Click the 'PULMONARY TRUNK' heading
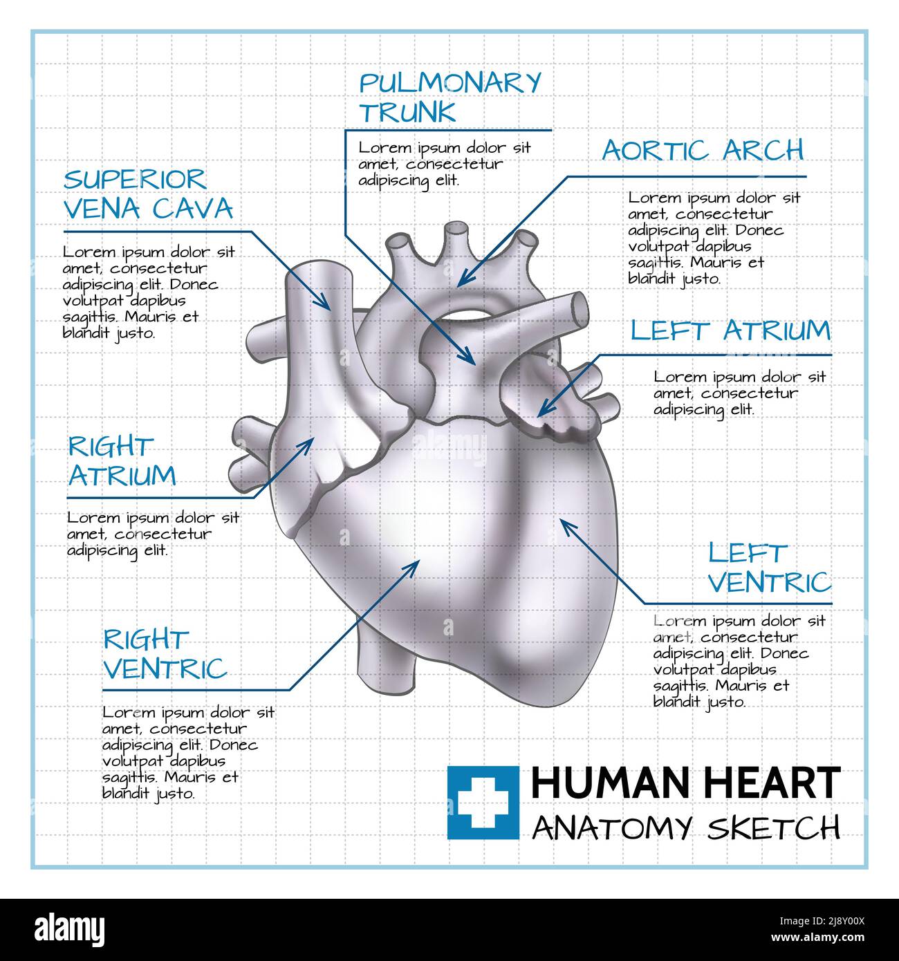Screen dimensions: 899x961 (449, 97)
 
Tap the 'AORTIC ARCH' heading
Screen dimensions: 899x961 (703, 150)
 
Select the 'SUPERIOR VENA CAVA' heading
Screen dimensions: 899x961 (148, 194)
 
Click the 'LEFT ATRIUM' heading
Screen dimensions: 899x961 (730, 330)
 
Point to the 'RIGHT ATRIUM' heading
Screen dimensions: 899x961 (122, 461)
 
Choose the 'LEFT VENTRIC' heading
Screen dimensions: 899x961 (769, 568)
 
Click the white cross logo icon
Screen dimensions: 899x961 (483, 802)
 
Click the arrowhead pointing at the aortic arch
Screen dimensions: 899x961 (463, 280)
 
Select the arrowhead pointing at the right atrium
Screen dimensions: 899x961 (308, 442)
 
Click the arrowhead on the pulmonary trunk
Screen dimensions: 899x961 (470, 359)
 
